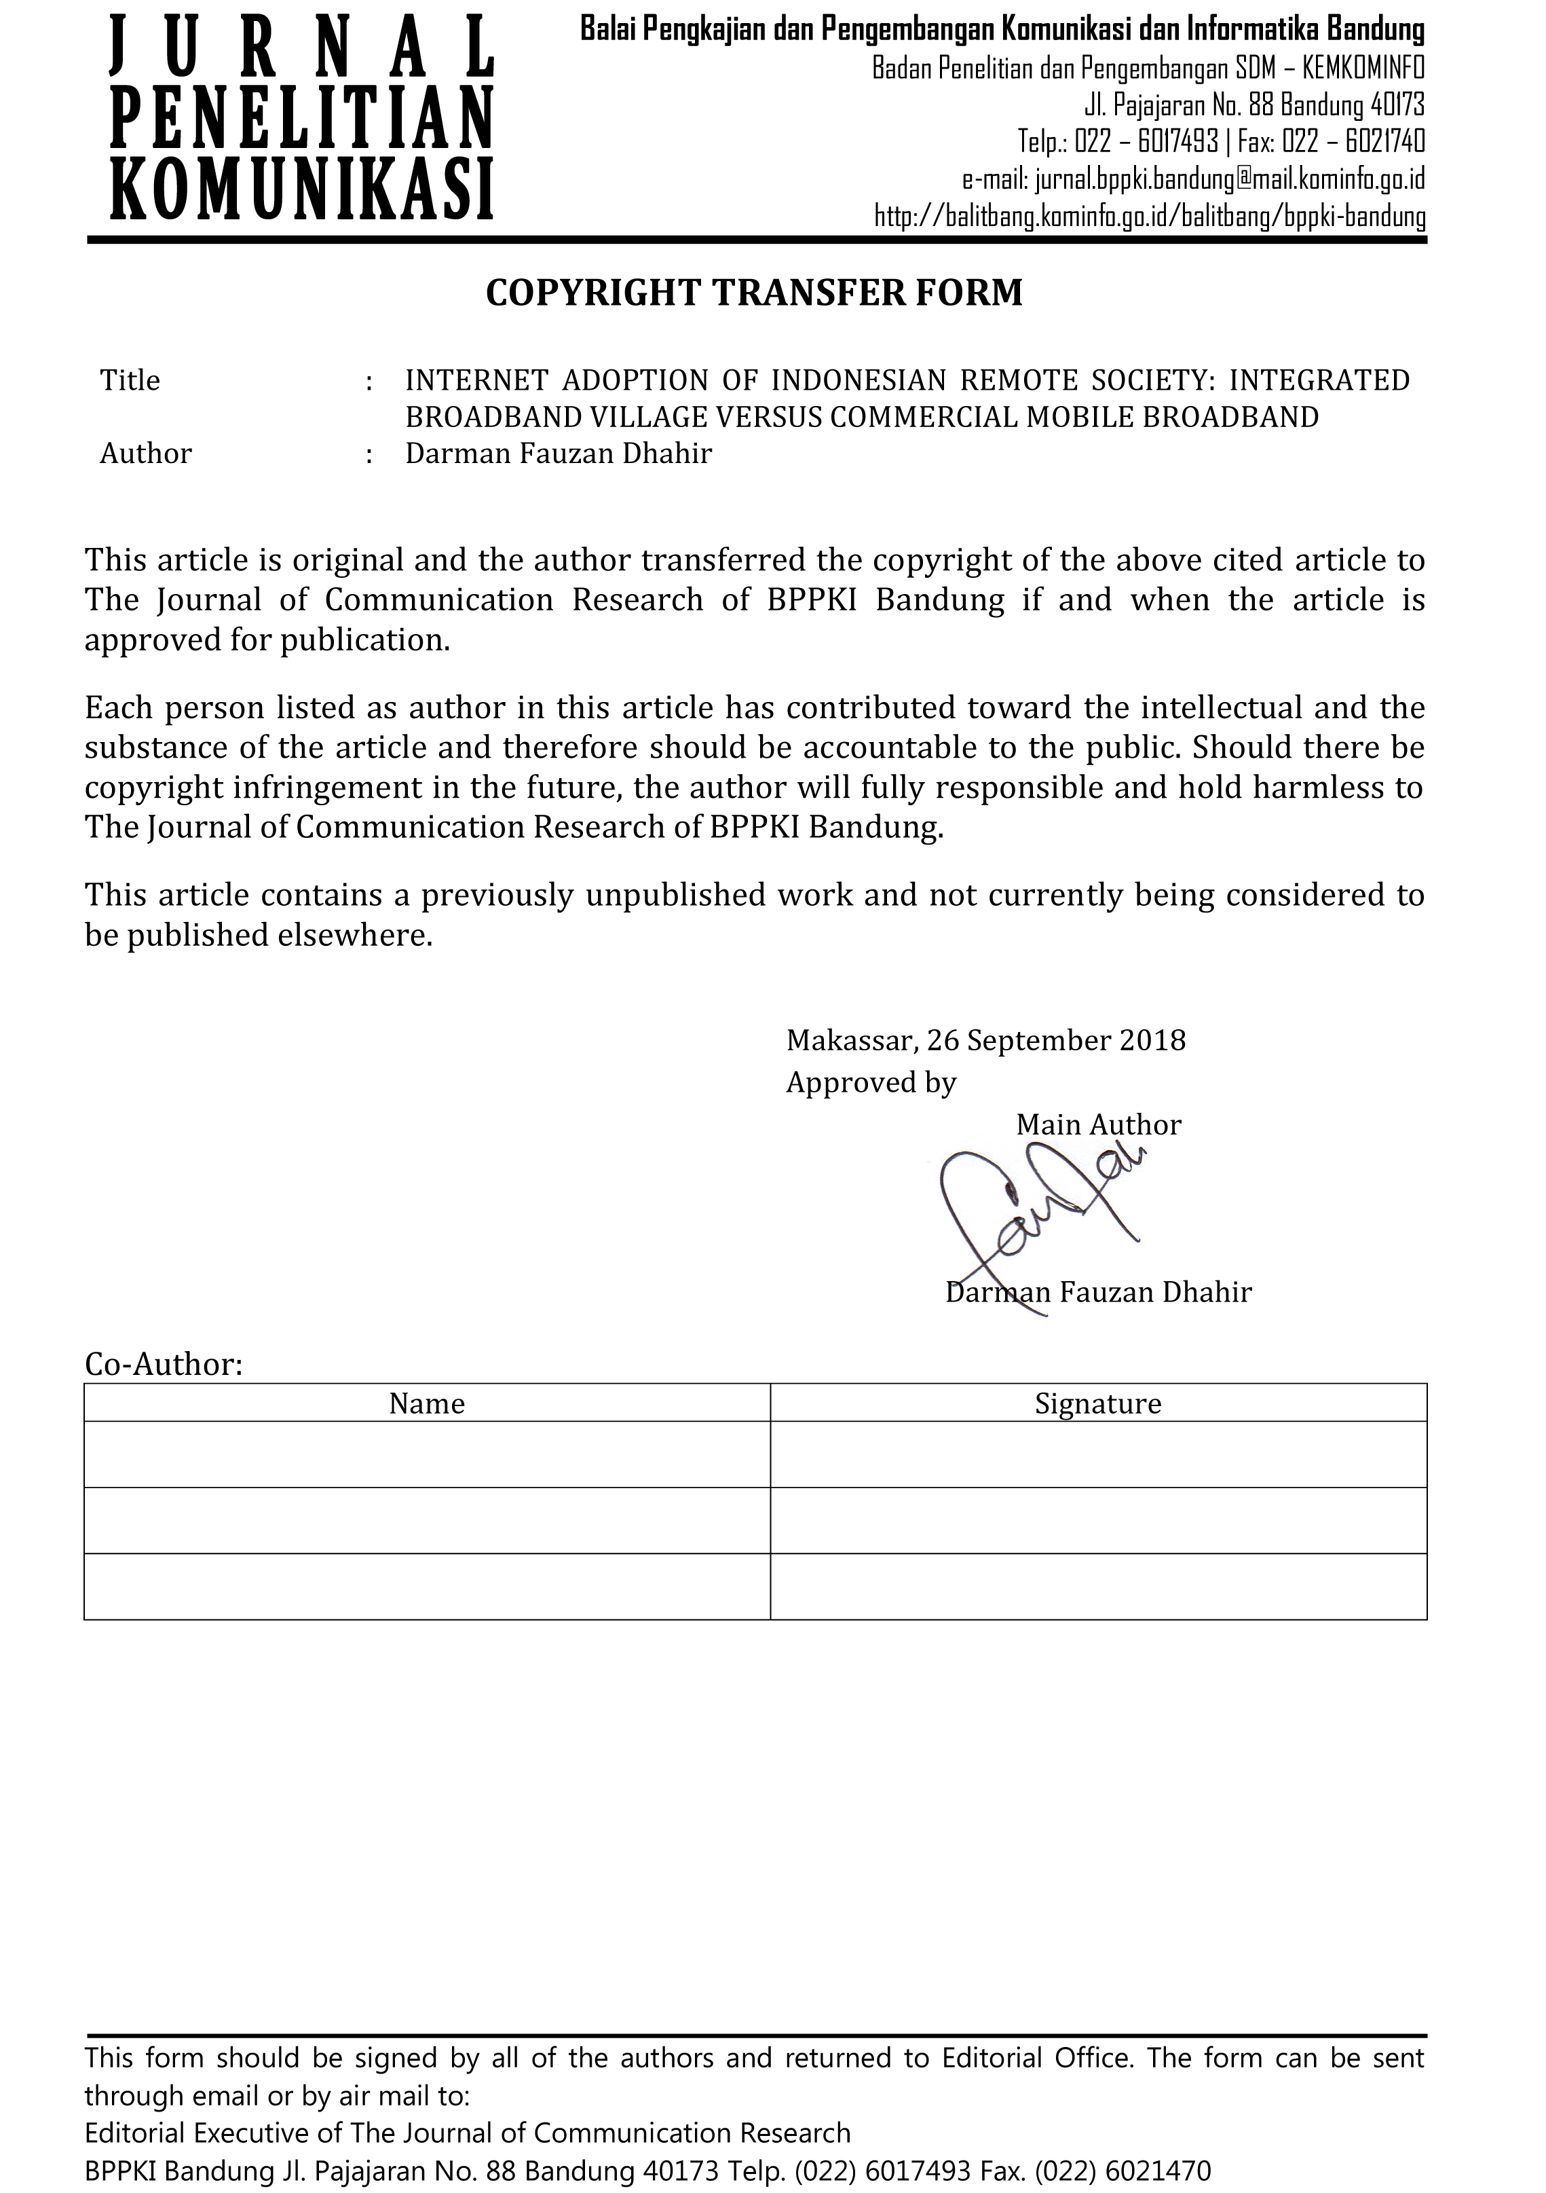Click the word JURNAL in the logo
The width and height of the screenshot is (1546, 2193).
pos(302,48)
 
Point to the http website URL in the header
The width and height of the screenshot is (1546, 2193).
pos(1150,217)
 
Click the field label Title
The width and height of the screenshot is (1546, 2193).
pos(130,380)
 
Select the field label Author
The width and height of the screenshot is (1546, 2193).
pos(145,453)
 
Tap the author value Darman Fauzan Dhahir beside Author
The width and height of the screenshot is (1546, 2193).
pos(559,453)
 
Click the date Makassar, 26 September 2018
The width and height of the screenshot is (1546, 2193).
pos(985,1040)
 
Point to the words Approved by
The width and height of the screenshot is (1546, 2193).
pos(871,1082)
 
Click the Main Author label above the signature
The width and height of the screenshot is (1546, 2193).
pos(1098,1124)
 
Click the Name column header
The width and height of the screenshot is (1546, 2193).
pos(427,1403)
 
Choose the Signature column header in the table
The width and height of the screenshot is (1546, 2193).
pos(1098,1403)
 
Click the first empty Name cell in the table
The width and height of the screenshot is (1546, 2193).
pos(427,1454)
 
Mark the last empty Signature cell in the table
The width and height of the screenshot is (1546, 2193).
pos(1098,1587)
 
